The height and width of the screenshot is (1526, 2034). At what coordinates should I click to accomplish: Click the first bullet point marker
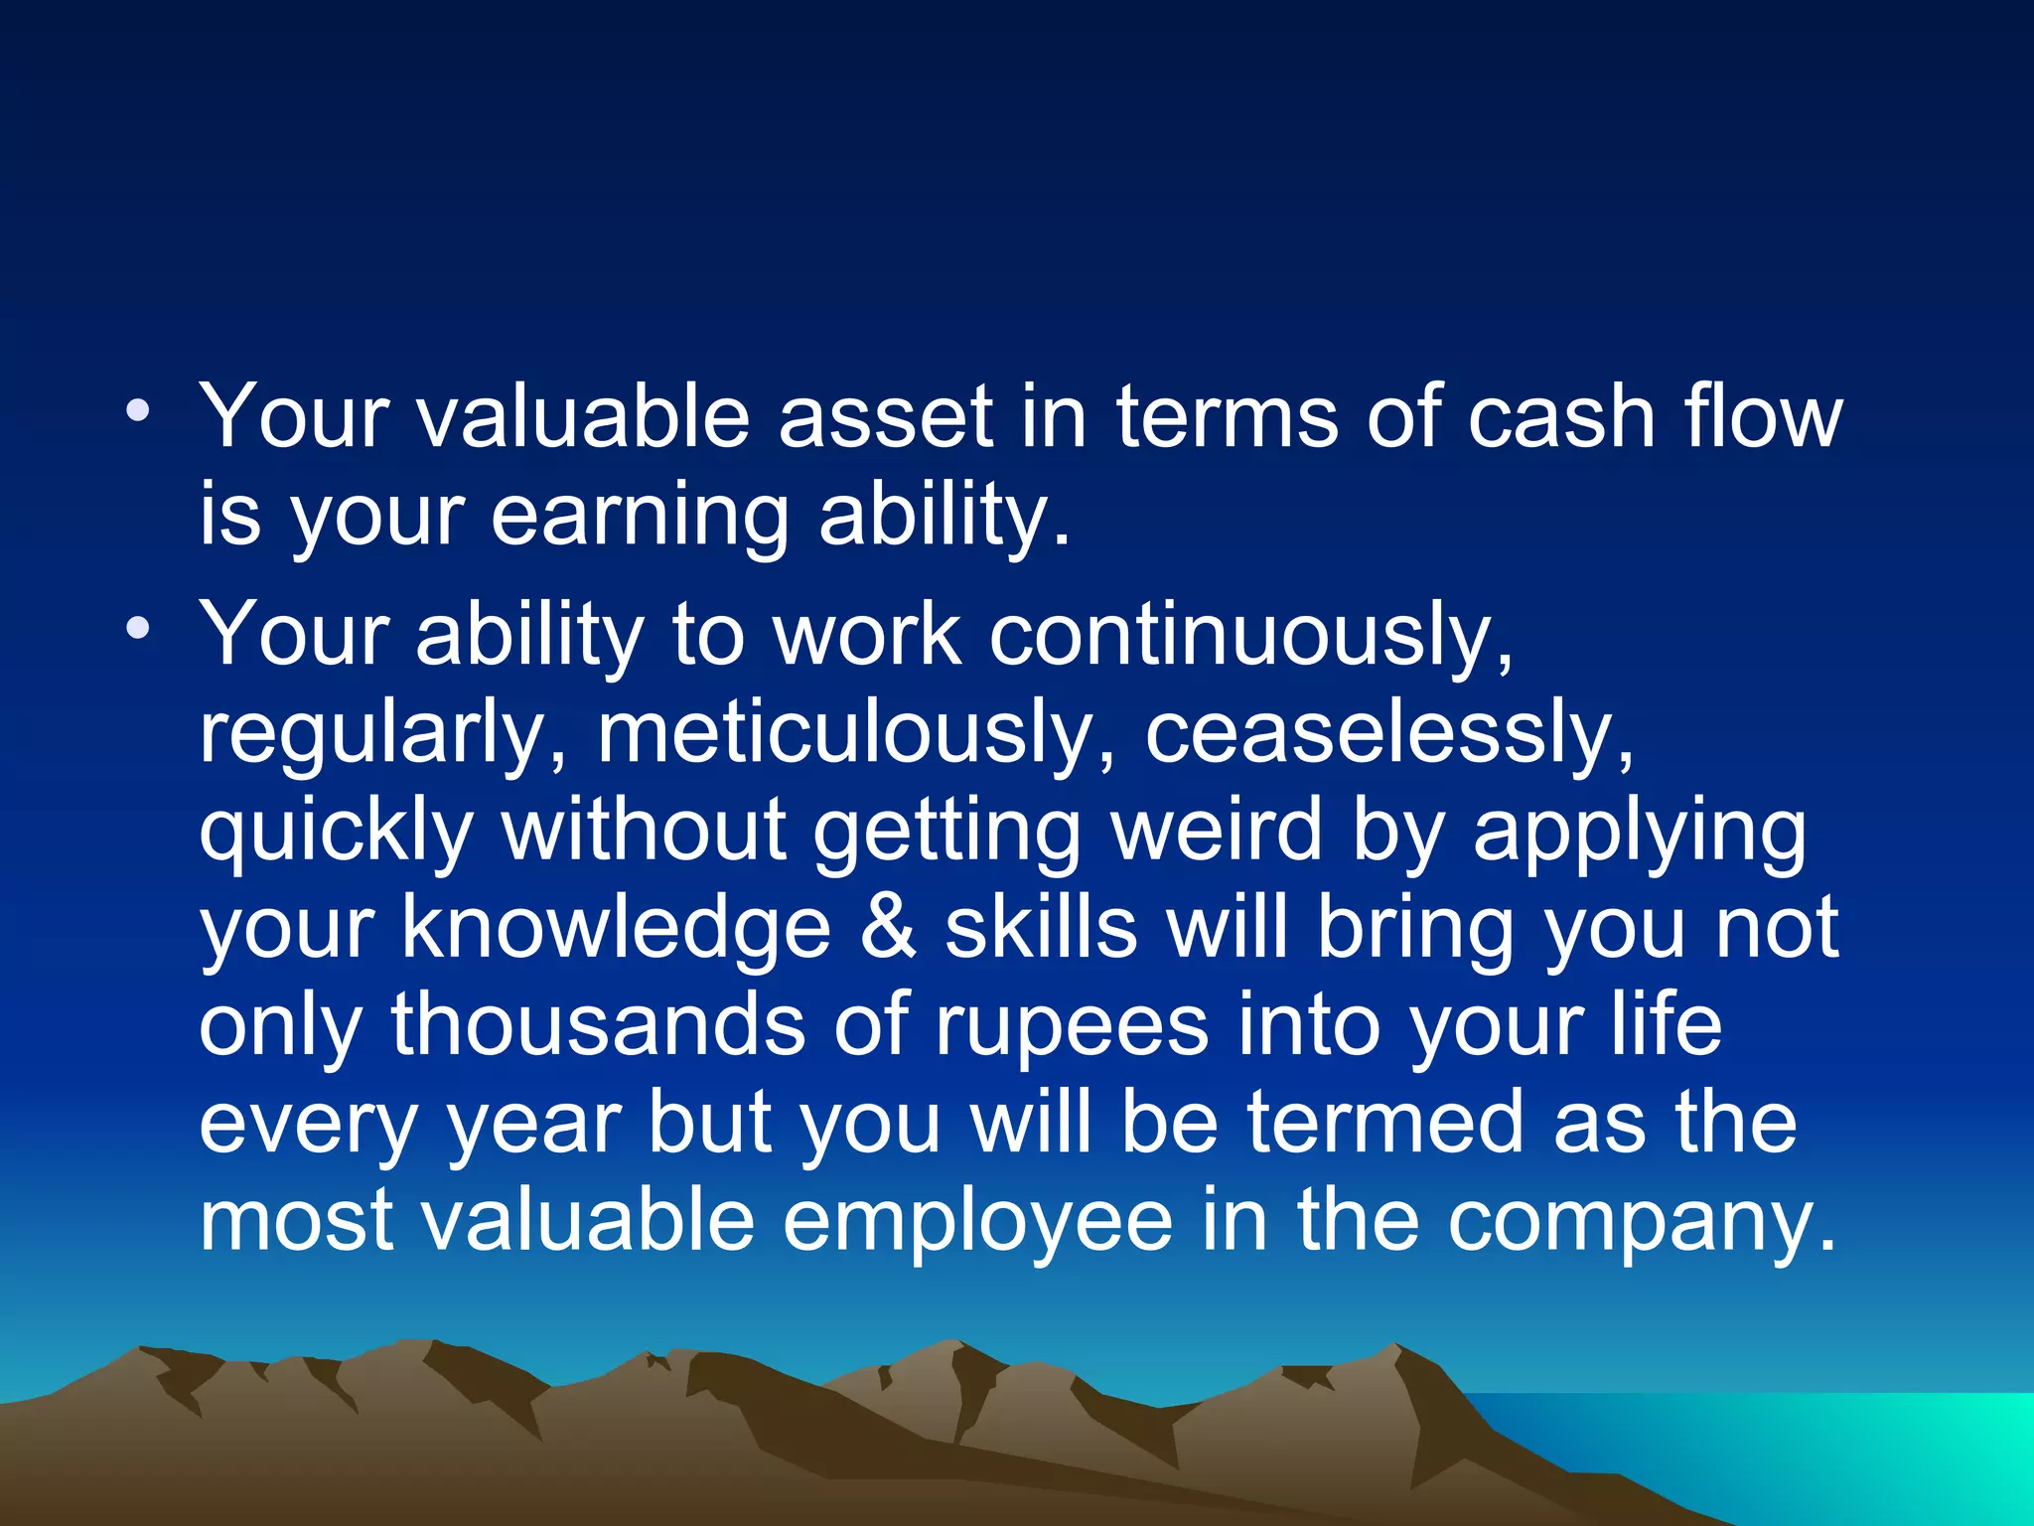point(139,410)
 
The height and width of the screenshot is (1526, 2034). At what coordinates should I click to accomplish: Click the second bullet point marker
point(139,628)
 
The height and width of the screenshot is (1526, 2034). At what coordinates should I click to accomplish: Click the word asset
point(885,417)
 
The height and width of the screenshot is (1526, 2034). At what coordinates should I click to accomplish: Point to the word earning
point(641,517)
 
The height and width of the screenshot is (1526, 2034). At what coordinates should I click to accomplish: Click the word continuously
point(1251,636)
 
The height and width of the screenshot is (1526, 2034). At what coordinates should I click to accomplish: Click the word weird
point(1218,830)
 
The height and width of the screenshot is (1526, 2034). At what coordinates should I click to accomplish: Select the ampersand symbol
point(888,927)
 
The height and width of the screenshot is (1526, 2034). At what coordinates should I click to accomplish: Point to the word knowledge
point(616,929)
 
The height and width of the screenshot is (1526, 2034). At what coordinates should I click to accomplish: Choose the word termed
point(1385,1123)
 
